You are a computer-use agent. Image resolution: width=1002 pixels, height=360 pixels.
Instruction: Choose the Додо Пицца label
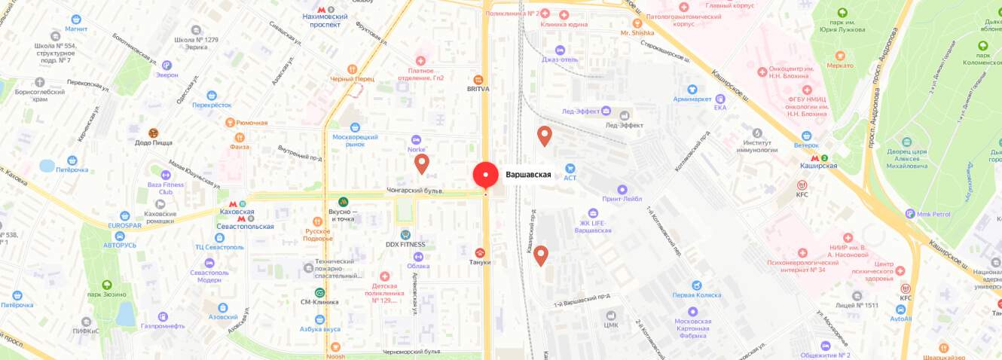click(x=154, y=142)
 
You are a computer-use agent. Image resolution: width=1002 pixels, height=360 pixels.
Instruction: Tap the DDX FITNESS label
click(x=405, y=244)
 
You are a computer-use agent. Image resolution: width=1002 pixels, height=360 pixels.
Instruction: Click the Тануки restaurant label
click(x=480, y=262)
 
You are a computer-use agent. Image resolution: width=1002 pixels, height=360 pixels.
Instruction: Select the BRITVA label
click(x=478, y=88)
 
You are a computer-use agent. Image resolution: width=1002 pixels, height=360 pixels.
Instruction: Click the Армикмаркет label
click(x=692, y=99)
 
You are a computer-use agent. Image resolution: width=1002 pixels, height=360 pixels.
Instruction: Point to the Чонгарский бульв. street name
click(x=415, y=191)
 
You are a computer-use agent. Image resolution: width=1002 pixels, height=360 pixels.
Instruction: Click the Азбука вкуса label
click(x=320, y=328)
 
